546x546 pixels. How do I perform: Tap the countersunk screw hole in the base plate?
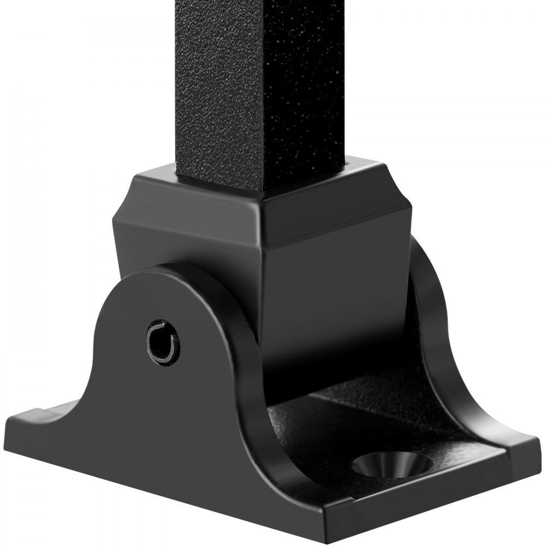(392, 465)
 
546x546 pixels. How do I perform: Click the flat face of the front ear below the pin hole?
(164, 415)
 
